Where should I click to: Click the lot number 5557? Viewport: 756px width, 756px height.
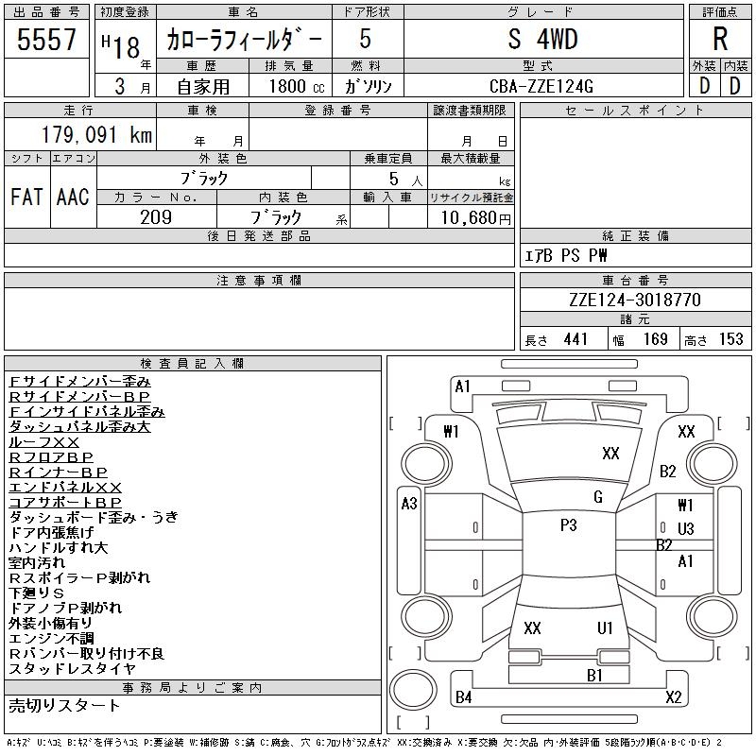click(x=46, y=40)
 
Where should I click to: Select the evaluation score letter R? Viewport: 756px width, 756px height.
click(x=720, y=40)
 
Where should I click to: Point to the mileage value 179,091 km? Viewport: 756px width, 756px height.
click(x=95, y=135)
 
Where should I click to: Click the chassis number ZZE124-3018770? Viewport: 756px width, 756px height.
click(x=635, y=300)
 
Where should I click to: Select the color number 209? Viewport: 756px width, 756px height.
click(x=156, y=217)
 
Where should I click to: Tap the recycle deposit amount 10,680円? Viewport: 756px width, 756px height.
click(x=471, y=217)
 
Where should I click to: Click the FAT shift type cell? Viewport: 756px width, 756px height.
click(x=26, y=197)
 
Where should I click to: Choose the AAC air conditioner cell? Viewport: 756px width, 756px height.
click(x=73, y=197)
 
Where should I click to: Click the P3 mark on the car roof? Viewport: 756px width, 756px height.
click(x=568, y=525)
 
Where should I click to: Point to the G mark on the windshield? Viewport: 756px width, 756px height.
click(x=598, y=497)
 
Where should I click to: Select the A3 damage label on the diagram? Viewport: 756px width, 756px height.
click(x=409, y=504)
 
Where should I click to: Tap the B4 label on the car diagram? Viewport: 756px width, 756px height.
click(x=463, y=697)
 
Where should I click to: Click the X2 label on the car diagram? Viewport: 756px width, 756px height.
click(x=673, y=697)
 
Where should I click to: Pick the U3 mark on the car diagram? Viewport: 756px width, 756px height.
click(x=685, y=528)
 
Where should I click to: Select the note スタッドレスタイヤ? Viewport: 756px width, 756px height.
click(x=73, y=669)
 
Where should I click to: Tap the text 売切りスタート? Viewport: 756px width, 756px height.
click(x=64, y=706)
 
